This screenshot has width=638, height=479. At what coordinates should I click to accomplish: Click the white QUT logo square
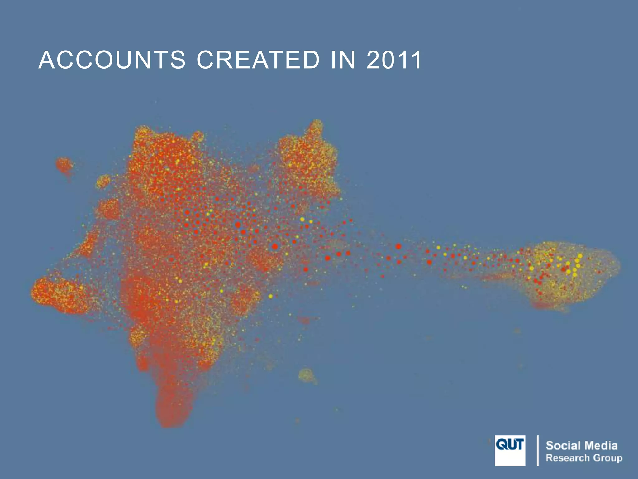[x=510, y=450]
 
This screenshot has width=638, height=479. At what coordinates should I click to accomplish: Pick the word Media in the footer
[x=601, y=445]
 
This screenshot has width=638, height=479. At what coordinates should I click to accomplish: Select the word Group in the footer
[x=607, y=458]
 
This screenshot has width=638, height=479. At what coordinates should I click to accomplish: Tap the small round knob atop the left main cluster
[x=198, y=137]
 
